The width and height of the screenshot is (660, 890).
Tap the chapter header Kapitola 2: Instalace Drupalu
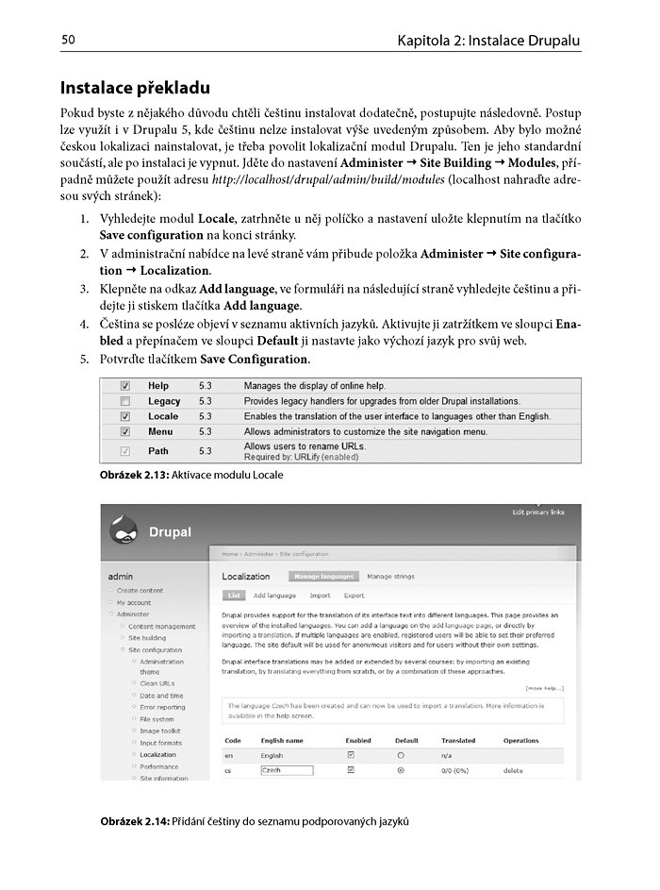(x=488, y=41)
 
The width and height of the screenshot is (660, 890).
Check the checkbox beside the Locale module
(x=125, y=416)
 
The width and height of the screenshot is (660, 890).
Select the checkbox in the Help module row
(x=125, y=386)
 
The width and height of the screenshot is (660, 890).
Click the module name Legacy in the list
(x=164, y=401)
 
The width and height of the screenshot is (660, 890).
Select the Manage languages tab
(x=323, y=577)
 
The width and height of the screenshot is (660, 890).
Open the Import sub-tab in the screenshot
(x=320, y=596)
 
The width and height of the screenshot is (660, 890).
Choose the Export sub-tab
(x=354, y=596)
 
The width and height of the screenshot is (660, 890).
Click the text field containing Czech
(x=287, y=770)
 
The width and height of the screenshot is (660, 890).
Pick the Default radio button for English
(x=401, y=756)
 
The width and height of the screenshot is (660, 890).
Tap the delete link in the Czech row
(x=514, y=770)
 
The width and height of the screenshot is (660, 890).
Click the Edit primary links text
(x=538, y=512)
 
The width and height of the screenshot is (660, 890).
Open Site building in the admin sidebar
(x=147, y=638)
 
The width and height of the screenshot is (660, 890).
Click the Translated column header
(x=458, y=741)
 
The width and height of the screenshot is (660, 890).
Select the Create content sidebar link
(x=140, y=591)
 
